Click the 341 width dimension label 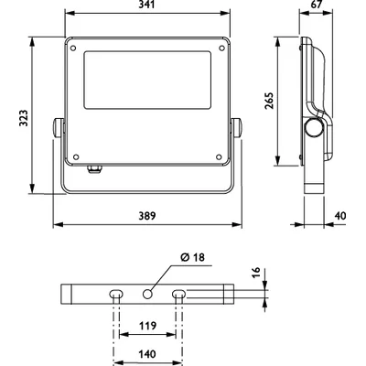click(x=147, y=5)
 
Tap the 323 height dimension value click(x=24, y=118)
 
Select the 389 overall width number click(x=147, y=216)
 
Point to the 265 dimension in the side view click(x=269, y=101)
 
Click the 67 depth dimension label click(x=317, y=5)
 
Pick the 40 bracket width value click(x=340, y=216)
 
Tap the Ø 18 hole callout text click(x=192, y=257)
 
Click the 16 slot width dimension click(x=256, y=272)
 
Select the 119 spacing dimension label click(x=147, y=326)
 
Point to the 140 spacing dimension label click(x=147, y=354)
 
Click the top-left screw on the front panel click(x=73, y=48)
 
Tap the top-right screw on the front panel click(x=222, y=48)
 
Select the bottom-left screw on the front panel click(x=76, y=157)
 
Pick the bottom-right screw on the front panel click(x=219, y=157)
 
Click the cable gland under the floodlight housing click(x=95, y=169)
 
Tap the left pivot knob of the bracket click(x=58, y=127)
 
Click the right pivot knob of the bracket click(x=237, y=127)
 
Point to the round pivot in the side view click(x=314, y=127)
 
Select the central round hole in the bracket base click(x=148, y=295)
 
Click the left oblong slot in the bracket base click(x=116, y=295)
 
